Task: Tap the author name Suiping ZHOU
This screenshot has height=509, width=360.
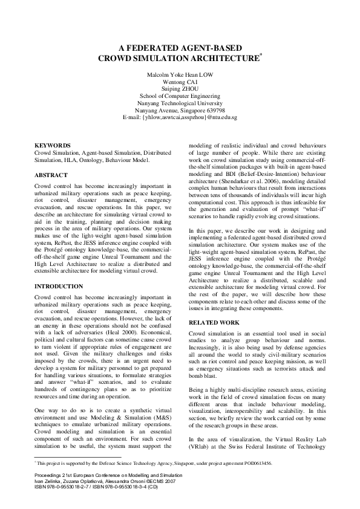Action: [x=180, y=88]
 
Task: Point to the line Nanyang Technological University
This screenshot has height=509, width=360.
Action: [x=180, y=103]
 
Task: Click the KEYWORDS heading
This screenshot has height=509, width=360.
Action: [x=53, y=146]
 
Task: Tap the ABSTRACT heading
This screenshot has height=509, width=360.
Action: [x=51, y=175]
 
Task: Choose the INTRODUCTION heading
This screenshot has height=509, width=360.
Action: [x=59, y=286]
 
